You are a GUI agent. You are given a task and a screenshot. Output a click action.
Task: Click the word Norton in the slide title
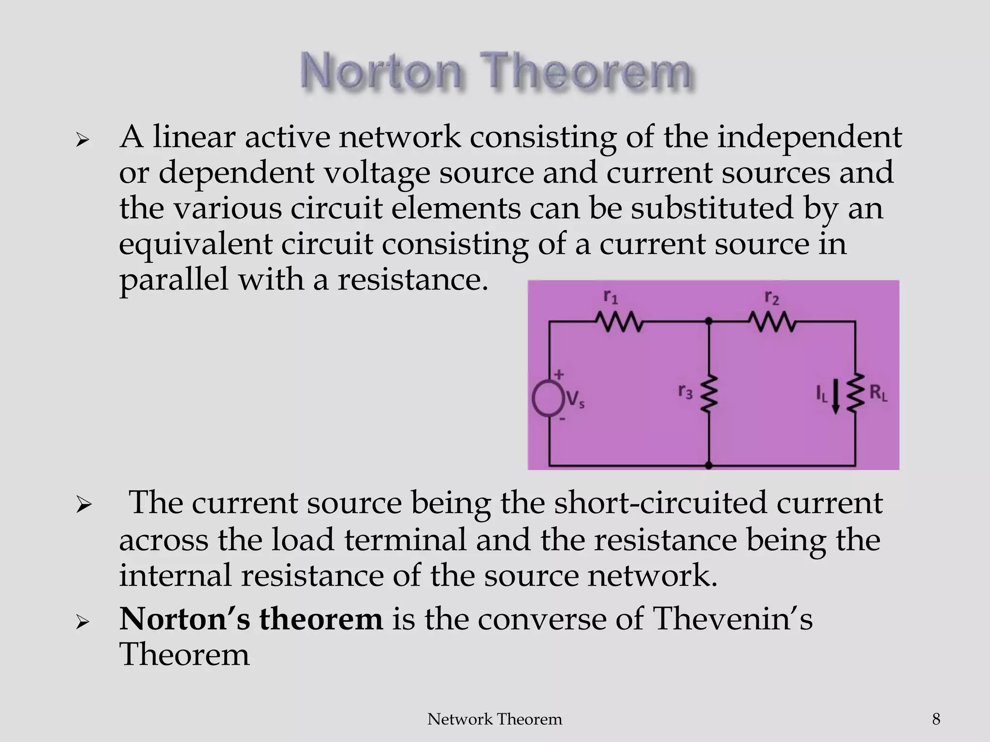[x=380, y=73]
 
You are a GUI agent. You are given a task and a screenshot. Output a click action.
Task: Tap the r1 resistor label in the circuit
[x=611, y=297]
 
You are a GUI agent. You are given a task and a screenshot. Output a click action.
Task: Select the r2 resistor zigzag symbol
[x=772, y=322]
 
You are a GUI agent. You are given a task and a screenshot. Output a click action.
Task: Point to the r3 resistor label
[x=685, y=391]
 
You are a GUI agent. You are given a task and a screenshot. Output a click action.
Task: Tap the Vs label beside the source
[x=575, y=400]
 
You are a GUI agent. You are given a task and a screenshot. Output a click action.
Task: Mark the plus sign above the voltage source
[x=559, y=374]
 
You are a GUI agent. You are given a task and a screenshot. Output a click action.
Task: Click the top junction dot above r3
[x=709, y=321]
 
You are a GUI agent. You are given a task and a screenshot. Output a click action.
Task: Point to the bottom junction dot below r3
[x=709, y=465]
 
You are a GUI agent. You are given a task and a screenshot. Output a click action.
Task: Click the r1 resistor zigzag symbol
[x=618, y=322]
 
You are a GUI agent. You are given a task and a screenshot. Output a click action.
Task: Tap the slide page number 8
[x=936, y=719]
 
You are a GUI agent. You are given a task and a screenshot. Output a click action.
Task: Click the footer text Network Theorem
[x=495, y=719]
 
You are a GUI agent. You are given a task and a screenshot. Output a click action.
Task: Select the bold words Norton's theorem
[x=251, y=619]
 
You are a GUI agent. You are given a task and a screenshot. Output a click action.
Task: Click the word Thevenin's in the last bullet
[x=732, y=619]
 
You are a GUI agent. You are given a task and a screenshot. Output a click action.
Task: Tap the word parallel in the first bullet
[x=174, y=280]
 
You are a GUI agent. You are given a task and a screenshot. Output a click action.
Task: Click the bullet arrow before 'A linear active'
[x=83, y=140]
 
